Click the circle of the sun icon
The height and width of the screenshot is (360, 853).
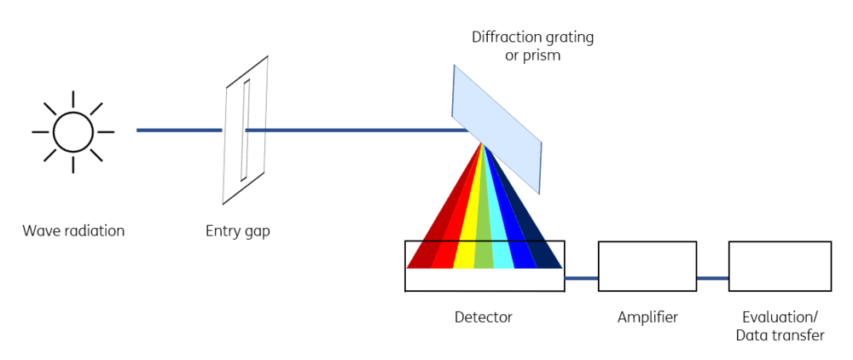coord(73,112)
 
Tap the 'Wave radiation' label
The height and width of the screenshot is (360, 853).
coord(73,230)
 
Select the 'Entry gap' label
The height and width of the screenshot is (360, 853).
coord(238,231)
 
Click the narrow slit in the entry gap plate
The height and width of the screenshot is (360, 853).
coord(246,130)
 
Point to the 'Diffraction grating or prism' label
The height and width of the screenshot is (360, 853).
coord(532,46)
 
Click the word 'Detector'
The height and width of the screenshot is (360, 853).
coord(484,316)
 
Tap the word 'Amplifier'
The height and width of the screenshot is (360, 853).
coord(647,316)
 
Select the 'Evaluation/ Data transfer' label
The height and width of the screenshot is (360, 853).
coord(780,326)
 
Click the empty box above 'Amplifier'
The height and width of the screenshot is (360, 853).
coord(647,241)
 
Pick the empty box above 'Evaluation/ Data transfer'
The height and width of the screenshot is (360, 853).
coord(780,241)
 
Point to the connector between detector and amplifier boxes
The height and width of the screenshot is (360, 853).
coord(581,278)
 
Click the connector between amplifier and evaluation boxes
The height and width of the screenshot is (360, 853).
coord(712,278)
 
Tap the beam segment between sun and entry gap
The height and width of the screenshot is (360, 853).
coord(179,130)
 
